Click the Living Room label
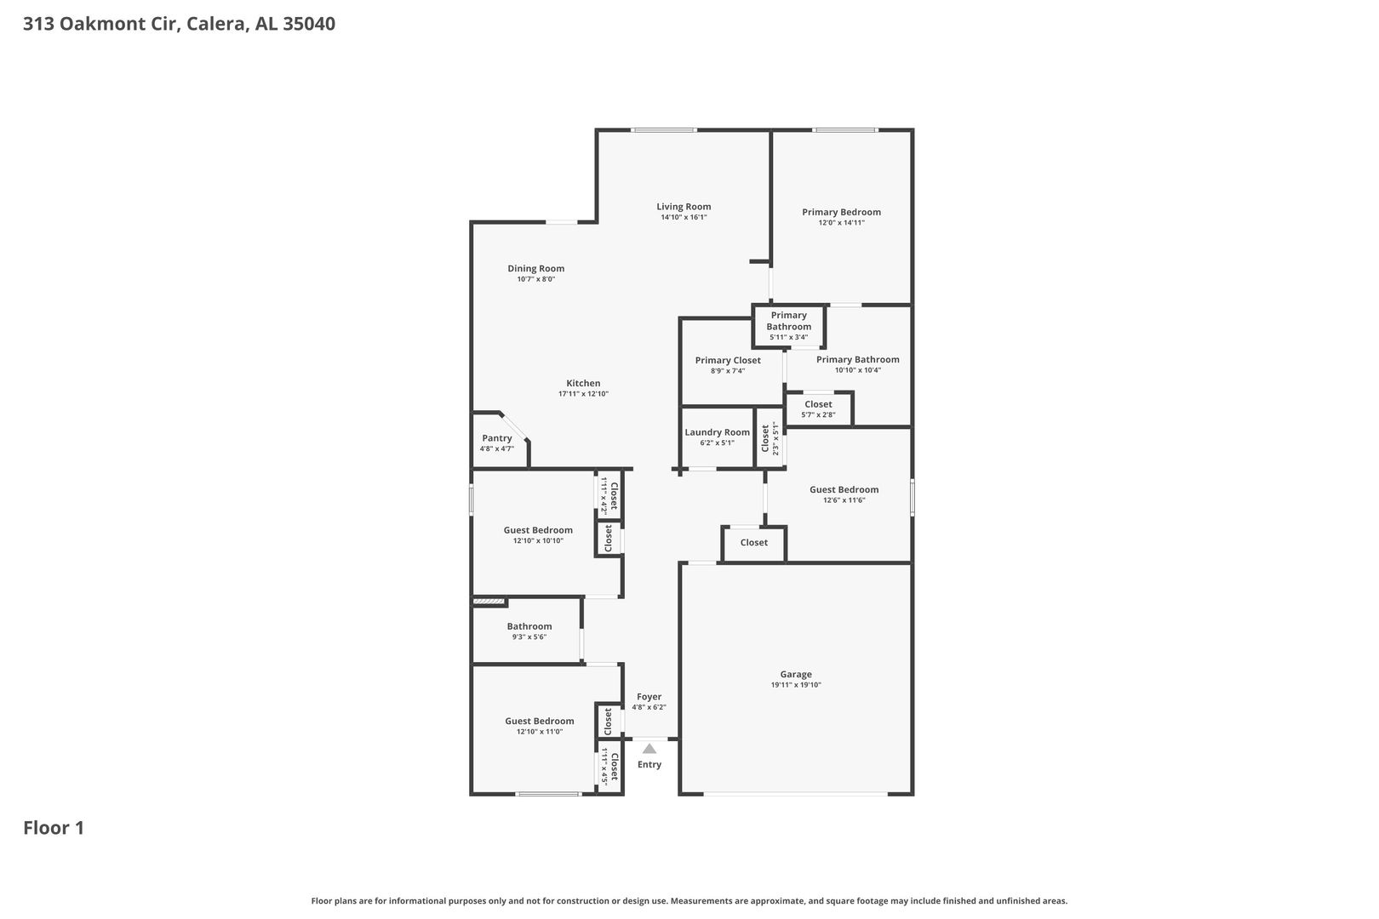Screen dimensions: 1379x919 [x=684, y=207]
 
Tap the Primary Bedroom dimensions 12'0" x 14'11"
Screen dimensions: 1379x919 [x=841, y=223]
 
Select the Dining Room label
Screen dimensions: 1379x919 [x=535, y=268]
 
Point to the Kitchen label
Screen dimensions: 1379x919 [x=583, y=383]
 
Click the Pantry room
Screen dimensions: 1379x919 [x=499, y=440]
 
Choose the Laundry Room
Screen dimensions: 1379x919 [x=718, y=437]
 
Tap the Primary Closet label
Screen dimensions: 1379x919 [x=728, y=360]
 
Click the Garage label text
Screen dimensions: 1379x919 [x=795, y=674]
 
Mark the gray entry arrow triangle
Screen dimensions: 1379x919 [x=649, y=749]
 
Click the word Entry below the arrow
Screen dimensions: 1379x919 [x=649, y=764]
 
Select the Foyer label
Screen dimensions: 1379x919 [x=649, y=697]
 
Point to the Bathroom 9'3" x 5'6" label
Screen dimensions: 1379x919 [x=529, y=631]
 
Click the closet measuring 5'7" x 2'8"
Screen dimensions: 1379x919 [x=818, y=408]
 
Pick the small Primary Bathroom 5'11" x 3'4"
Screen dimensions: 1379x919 [x=788, y=326]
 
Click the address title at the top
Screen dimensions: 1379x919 [x=179, y=23]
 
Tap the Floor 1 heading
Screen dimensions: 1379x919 [x=54, y=828]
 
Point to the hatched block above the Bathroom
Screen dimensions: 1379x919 [x=489, y=602]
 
